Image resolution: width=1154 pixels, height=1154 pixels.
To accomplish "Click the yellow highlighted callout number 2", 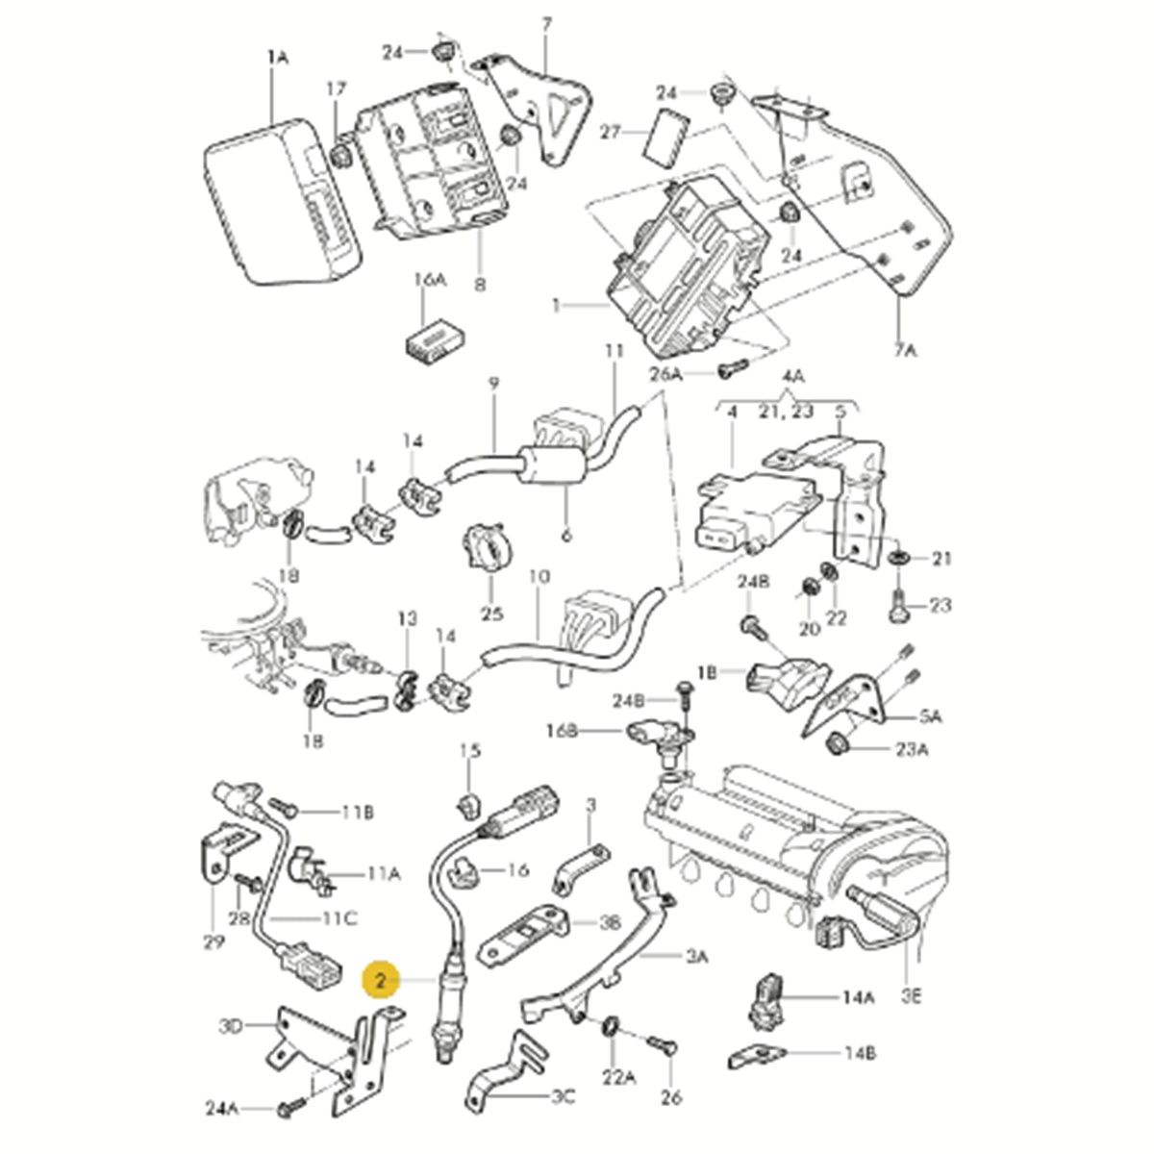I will pyautogui.click(x=381, y=981).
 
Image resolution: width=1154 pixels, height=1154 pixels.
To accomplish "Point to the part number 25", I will pyautogui.click(x=491, y=614).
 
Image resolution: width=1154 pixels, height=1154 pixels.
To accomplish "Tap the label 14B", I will pyautogui.click(x=860, y=1054).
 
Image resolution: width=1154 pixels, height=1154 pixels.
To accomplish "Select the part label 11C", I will pyautogui.click(x=339, y=919).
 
